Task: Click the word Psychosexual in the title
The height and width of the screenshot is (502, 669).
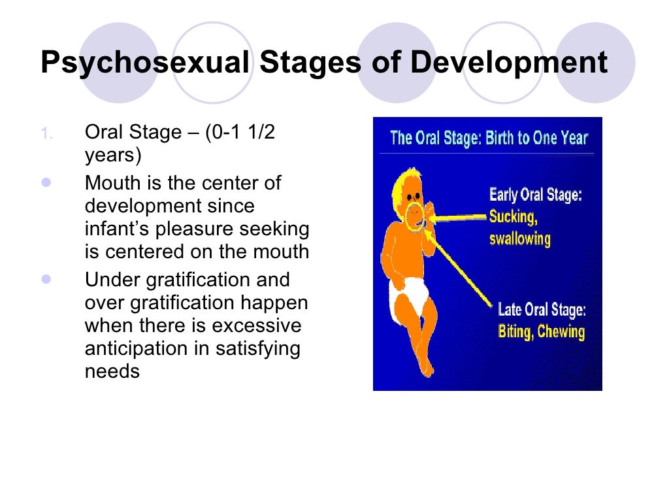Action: point(145,63)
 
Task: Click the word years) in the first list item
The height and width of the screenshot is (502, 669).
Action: point(113,156)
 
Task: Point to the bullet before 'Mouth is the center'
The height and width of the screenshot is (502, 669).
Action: point(46,184)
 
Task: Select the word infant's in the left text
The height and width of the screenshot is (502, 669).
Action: point(122,229)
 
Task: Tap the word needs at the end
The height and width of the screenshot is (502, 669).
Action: point(112,371)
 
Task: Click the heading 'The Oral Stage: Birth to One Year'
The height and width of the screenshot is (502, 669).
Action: point(489,139)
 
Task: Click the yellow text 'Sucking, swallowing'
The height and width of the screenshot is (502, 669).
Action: point(520,227)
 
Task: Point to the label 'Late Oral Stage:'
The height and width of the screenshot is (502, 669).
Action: point(542,309)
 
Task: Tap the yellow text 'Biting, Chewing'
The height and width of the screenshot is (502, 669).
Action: point(541,331)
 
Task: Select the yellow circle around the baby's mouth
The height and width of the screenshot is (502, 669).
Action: point(415,217)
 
